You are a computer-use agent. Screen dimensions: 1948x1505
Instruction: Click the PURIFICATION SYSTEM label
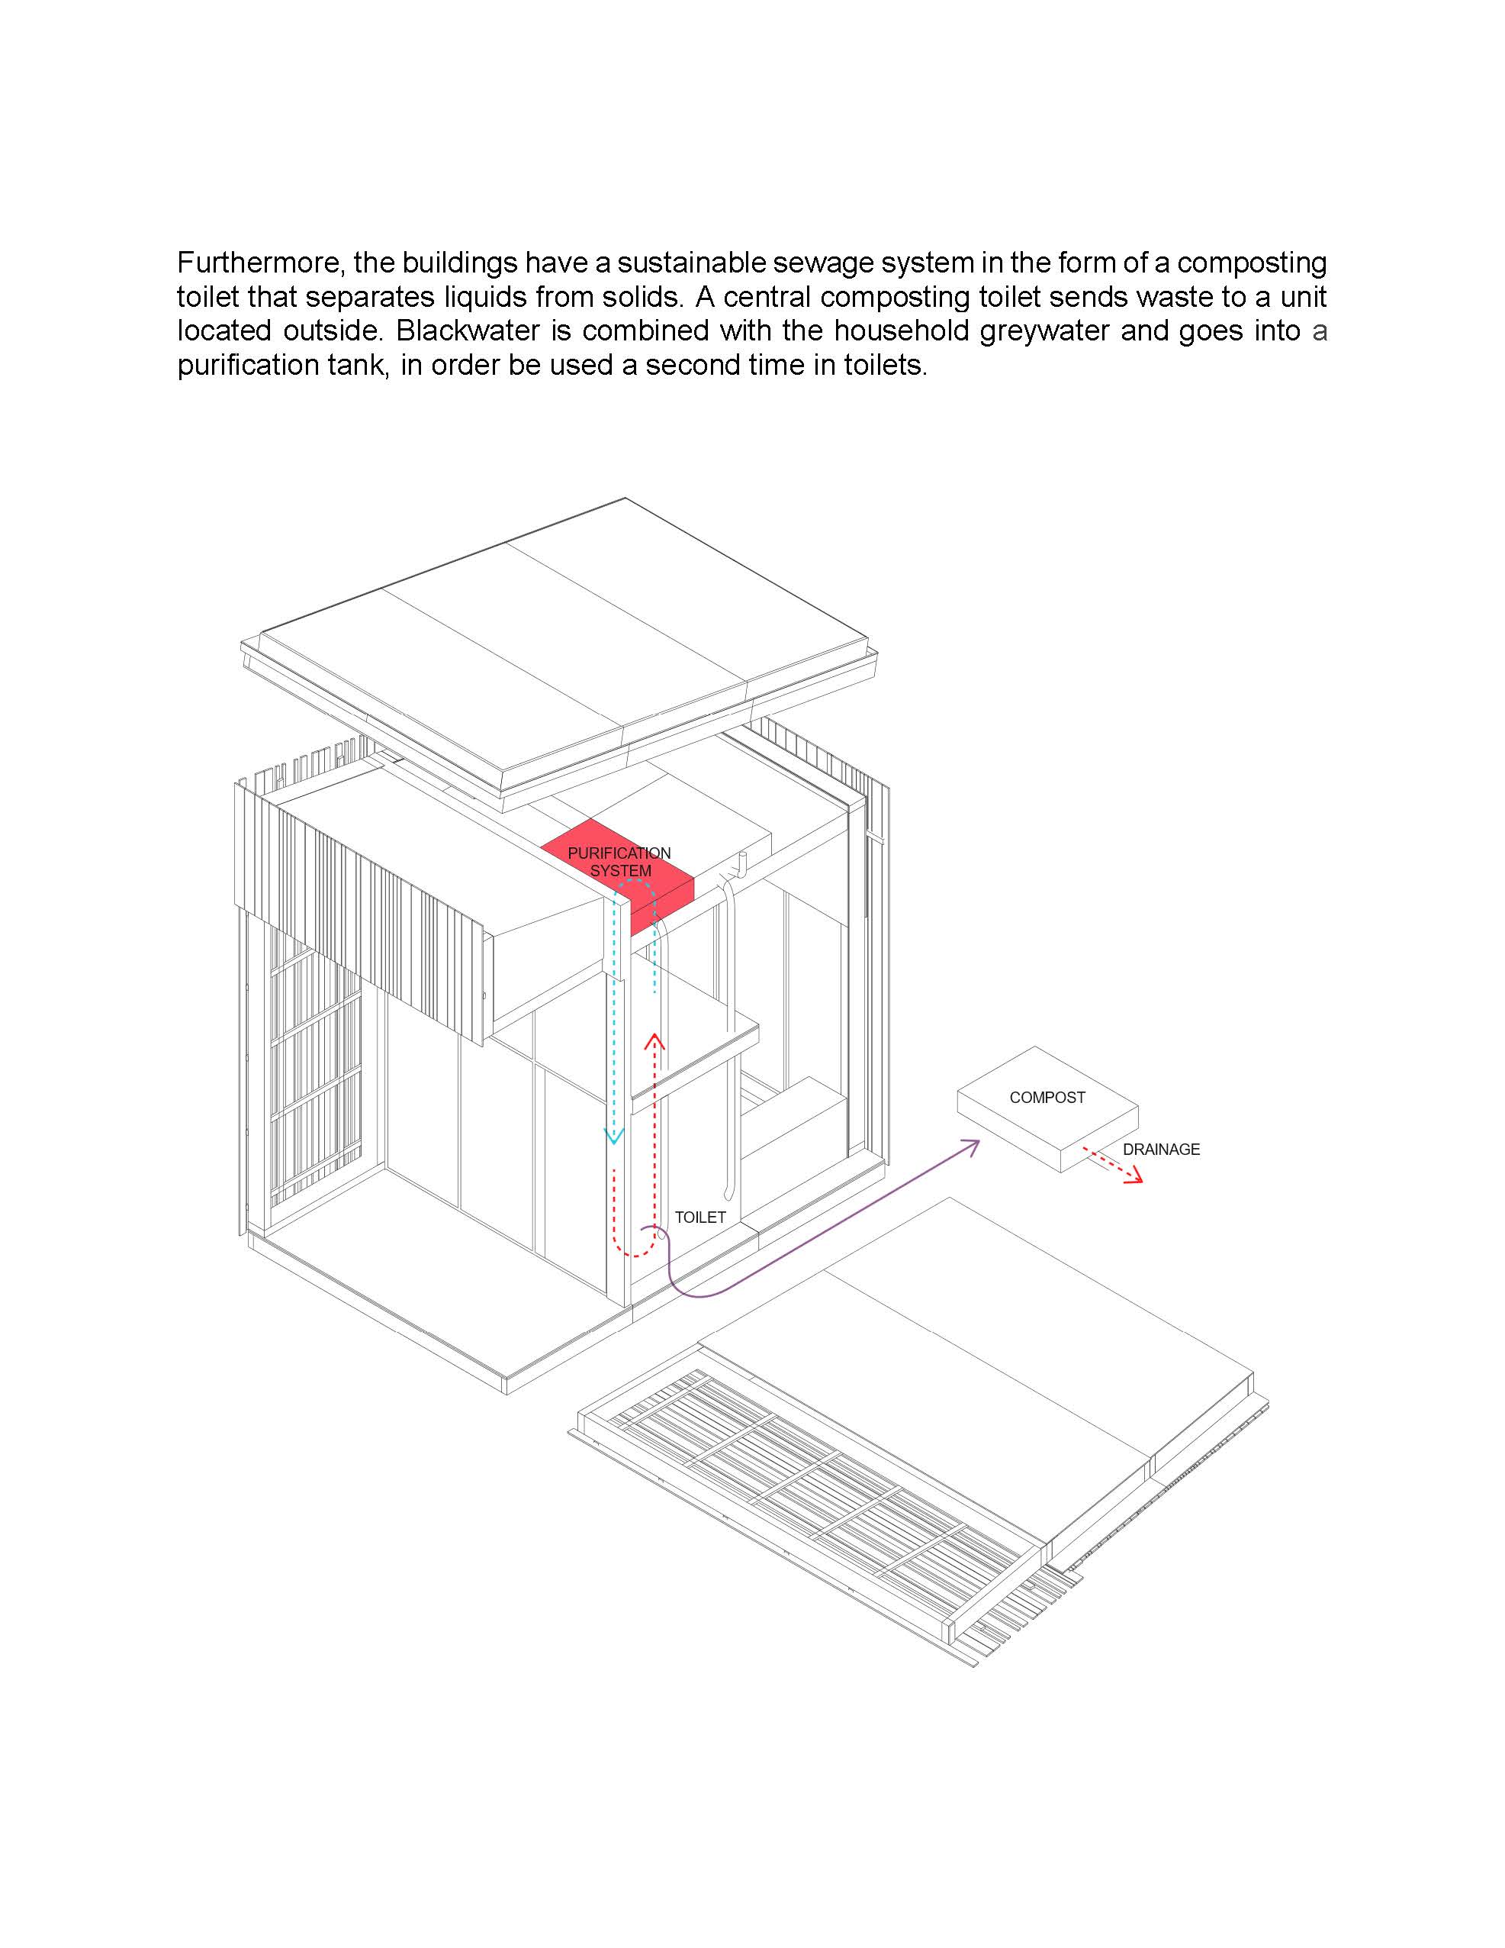tap(619, 863)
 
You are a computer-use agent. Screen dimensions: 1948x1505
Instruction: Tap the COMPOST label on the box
tap(1047, 1098)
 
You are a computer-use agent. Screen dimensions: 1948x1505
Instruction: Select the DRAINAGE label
tap(1161, 1150)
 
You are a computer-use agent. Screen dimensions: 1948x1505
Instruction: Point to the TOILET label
tap(700, 1217)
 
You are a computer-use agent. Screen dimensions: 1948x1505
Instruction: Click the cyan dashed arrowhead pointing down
tap(613, 1137)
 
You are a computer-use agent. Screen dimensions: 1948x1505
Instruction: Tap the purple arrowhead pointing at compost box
tap(972, 1145)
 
